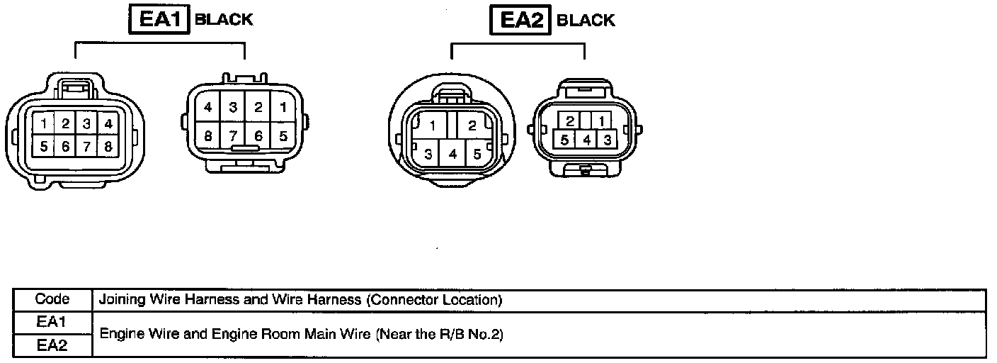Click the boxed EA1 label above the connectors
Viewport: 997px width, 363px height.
click(x=158, y=20)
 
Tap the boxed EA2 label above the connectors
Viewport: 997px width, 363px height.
click(x=520, y=20)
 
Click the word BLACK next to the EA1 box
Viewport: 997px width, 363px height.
click(x=224, y=20)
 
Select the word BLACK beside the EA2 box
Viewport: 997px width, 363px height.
click(x=586, y=20)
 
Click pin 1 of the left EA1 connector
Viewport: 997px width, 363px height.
click(x=44, y=124)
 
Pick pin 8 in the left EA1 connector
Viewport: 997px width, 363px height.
click(x=108, y=147)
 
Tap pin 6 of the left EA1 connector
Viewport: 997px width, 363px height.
click(x=65, y=147)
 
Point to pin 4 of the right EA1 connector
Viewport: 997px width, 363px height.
click(x=208, y=108)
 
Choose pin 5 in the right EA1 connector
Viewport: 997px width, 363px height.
click(x=283, y=135)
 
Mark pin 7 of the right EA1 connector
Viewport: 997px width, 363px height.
click(x=234, y=135)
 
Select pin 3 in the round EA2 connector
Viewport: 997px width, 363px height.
click(x=428, y=153)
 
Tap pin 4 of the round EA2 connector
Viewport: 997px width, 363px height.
click(x=453, y=153)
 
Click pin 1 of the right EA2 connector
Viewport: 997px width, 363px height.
click(x=601, y=121)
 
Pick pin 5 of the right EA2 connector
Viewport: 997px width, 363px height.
click(x=565, y=140)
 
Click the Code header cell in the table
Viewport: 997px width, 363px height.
click(x=52, y=299)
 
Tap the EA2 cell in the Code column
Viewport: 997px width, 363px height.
click(x=52, y=345)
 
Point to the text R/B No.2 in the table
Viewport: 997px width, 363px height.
click(x=476, y=334)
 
